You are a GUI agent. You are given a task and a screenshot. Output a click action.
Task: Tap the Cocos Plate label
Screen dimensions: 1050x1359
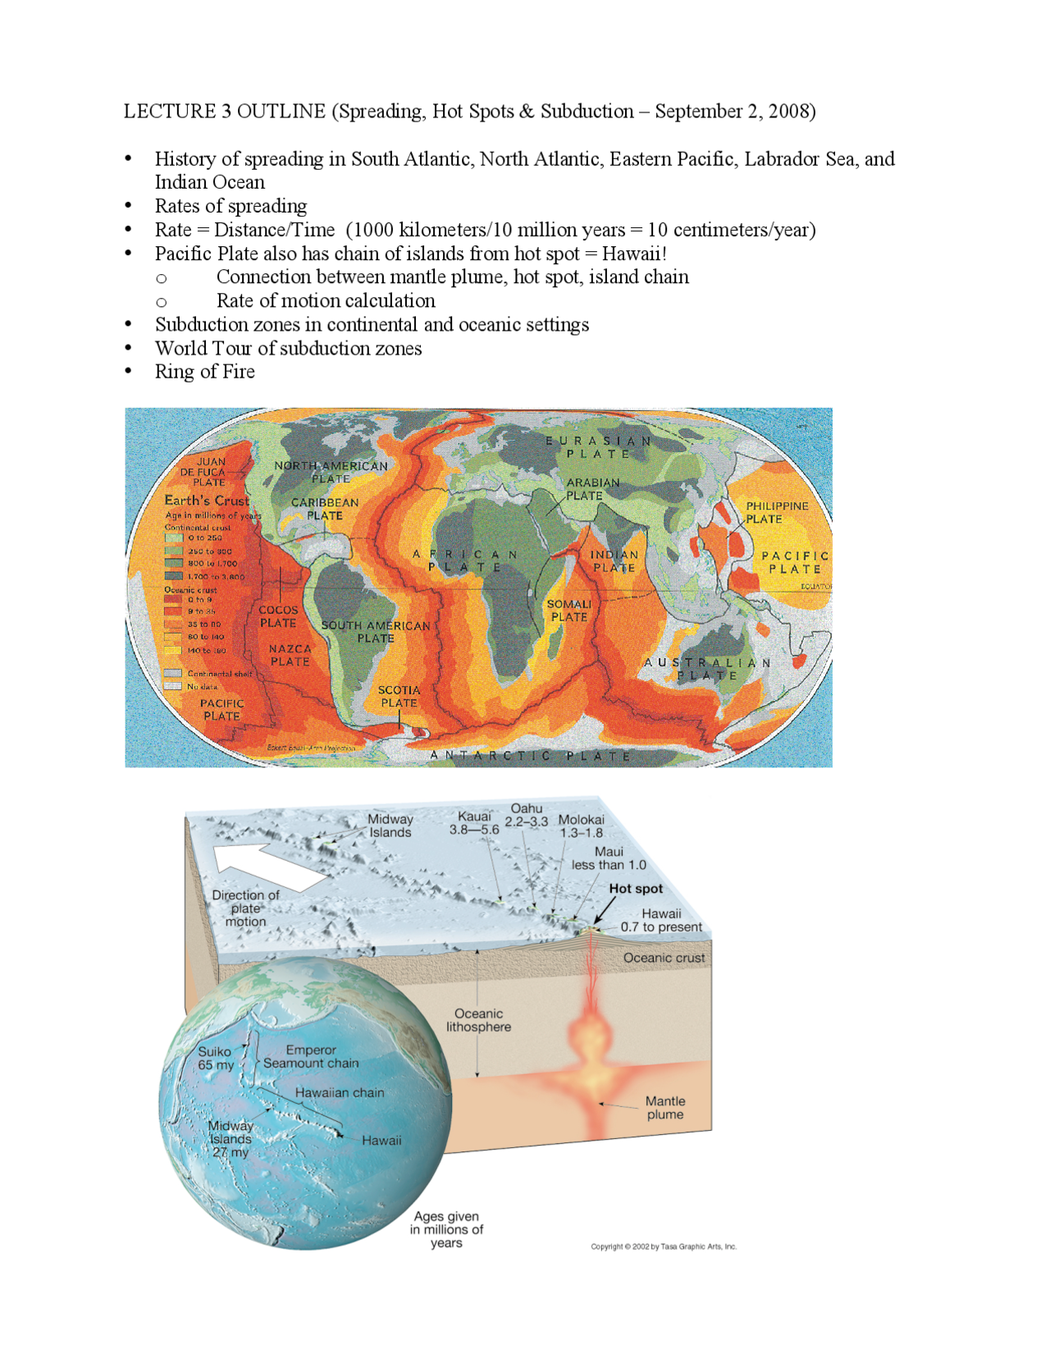tap(278, 616)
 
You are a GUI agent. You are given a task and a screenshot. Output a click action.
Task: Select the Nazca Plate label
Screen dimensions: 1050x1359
tap(290, 655)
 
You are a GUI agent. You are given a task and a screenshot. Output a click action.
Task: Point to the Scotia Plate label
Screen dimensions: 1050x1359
tap(399, 696)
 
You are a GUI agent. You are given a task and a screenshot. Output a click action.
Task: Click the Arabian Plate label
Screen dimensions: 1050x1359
tap(592, 489)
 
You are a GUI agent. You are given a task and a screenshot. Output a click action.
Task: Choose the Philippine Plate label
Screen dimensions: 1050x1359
tap(776, 512)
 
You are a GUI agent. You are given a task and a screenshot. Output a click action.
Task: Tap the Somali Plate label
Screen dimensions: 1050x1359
tap(569, 610)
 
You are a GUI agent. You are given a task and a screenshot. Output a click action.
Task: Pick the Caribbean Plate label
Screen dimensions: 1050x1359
tap(325, 509)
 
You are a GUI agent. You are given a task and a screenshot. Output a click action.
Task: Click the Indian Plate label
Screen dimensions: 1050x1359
tap(614, 561)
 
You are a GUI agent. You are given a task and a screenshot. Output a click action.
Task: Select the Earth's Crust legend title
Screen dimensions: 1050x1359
tap(206, 501)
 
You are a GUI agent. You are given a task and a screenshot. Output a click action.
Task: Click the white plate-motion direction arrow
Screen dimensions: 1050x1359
tap(267, 865)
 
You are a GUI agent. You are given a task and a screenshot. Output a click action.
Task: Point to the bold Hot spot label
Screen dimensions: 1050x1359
tap(636, 888)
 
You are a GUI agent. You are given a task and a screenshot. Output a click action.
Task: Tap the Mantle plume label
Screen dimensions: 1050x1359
tap(664, 1107)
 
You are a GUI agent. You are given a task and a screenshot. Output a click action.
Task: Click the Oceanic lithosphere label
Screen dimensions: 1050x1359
tap(478, 1020)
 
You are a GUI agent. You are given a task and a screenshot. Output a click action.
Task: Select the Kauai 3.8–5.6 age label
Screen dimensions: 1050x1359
tap(474, 822)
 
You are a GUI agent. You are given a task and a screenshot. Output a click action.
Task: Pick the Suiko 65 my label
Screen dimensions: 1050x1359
tap(215, 1058)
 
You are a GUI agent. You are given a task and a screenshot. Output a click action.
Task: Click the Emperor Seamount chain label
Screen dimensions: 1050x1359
tap(311, 1056)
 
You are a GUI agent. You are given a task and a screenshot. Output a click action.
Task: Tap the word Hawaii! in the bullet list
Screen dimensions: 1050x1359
tap(634, 254)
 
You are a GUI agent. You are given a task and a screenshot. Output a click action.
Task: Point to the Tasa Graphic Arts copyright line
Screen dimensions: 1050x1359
tap(664, 1247)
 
